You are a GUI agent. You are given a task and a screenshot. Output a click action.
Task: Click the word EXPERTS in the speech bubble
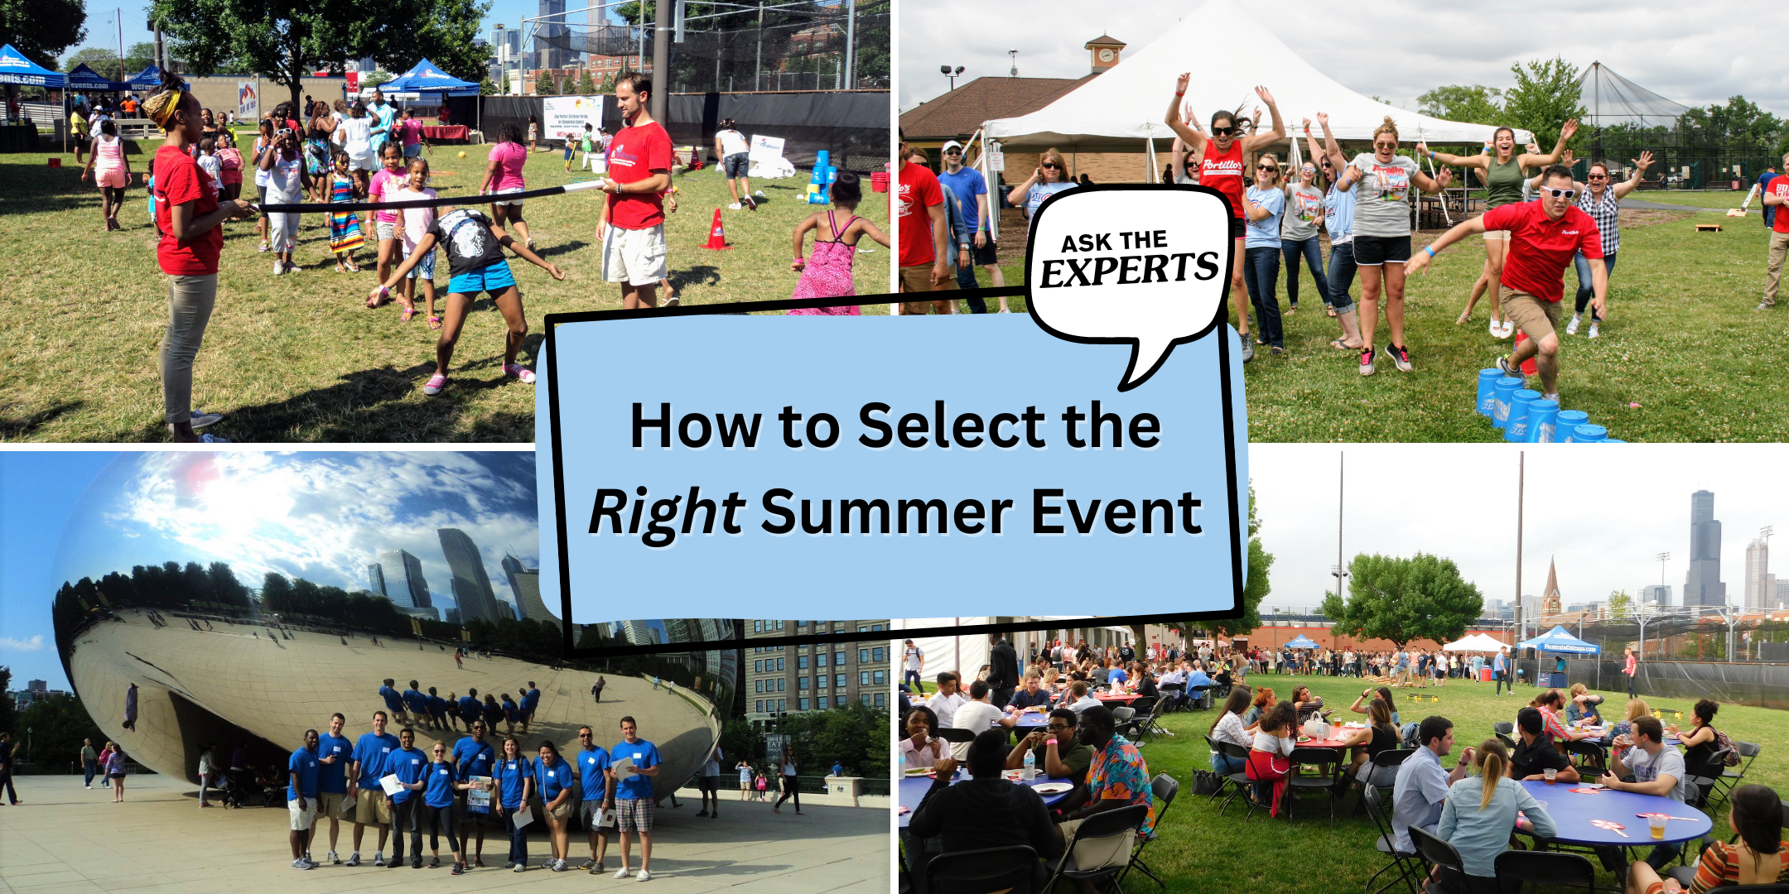[x=1130, y=270]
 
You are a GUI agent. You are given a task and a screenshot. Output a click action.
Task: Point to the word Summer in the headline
[x=886, y=512]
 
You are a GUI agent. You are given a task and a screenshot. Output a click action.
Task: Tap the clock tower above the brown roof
[x=1104, y=53]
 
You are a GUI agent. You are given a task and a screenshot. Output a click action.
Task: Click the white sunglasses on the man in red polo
[x=1557, y=193]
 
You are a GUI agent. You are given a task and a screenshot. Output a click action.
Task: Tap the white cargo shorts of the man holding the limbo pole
[x=634, y=253]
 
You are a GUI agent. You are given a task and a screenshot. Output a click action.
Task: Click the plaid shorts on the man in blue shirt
[x=634, y=814]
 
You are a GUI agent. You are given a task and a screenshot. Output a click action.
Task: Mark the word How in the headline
[x=696, y=426]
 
